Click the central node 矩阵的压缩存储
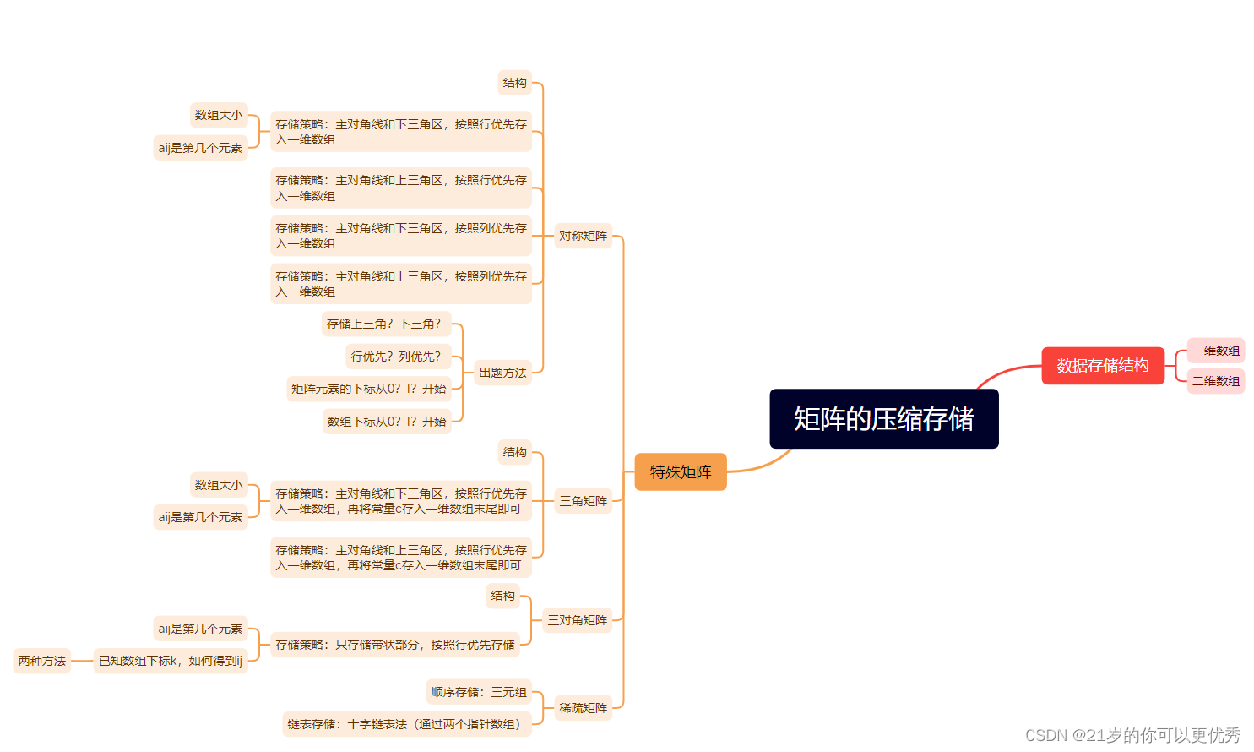[x=883, y=419]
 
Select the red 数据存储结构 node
[x=1102, y=366]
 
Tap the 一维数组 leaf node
[x=1216, y=351]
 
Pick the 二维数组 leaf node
[x=1216, y=381]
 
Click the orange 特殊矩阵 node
[x=681, y=472]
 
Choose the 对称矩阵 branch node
[x=583, y=236]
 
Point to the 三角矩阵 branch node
[x=583, y=501]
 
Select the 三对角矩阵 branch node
[x=577, y=620]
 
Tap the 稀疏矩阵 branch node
[x=583, y=708]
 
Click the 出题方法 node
[x=502, y=373]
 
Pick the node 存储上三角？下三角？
[x=386, y=324]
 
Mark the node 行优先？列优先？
[x=398, y=357]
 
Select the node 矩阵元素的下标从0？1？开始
[x=369, y=389]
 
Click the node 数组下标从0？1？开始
[x=387, y=422]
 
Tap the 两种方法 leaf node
[x=42, y=661]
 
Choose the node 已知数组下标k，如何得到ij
[x=171, y=661]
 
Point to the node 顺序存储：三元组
[x=478, y=692]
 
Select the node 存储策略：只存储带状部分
[x=395, y=645]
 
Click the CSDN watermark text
[x=1132, y=735]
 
